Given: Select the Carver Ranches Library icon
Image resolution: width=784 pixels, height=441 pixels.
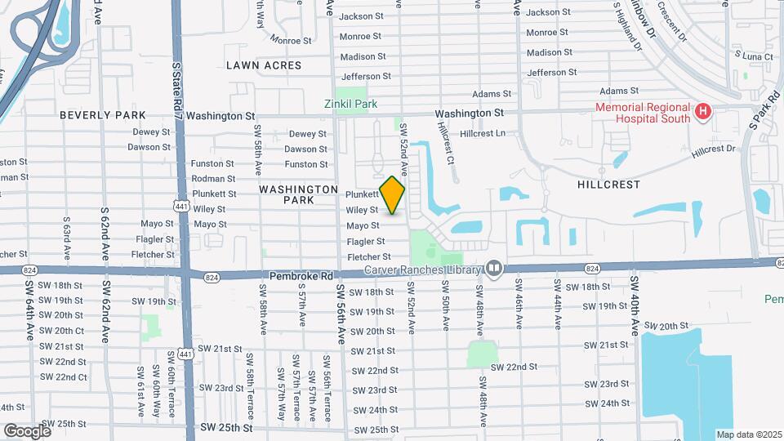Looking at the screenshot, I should point(493,269).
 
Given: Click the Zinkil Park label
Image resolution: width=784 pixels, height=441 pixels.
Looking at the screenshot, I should point(349,105).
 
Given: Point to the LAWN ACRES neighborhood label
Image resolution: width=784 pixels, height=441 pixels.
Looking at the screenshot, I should point(264,65).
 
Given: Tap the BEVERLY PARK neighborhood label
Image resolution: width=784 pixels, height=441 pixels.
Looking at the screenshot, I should point(102,115).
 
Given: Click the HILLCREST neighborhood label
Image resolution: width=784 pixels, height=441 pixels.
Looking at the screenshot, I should point(608,185).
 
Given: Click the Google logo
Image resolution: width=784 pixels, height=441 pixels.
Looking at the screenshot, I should point(27,430).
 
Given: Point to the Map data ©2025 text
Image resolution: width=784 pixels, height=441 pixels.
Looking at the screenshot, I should point(748,434).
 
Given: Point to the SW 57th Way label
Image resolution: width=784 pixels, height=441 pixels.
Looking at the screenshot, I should point(281,387).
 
